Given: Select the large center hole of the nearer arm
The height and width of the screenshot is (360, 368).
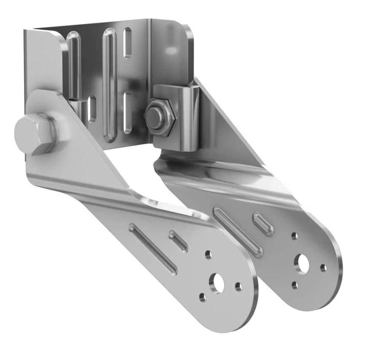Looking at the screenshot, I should click(219, 283).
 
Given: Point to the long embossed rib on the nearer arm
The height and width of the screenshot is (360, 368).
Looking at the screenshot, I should click(153, 248).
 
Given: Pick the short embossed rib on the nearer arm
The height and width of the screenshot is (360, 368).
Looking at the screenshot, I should click(178, 240).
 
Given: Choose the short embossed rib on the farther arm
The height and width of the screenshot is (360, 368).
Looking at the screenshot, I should click(263, 224).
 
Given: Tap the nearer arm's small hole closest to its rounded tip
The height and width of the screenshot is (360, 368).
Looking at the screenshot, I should click(238, 287).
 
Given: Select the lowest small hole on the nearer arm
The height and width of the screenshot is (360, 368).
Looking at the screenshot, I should click(203, 298).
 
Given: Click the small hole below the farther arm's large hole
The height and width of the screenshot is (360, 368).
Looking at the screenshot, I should click(295, 286).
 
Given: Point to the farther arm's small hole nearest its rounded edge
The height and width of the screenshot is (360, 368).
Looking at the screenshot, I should click(323, 267).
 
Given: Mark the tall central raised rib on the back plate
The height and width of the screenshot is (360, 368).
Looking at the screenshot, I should click(109, 84).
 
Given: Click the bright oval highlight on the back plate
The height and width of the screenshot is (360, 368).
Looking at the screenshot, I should click(171, 49).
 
